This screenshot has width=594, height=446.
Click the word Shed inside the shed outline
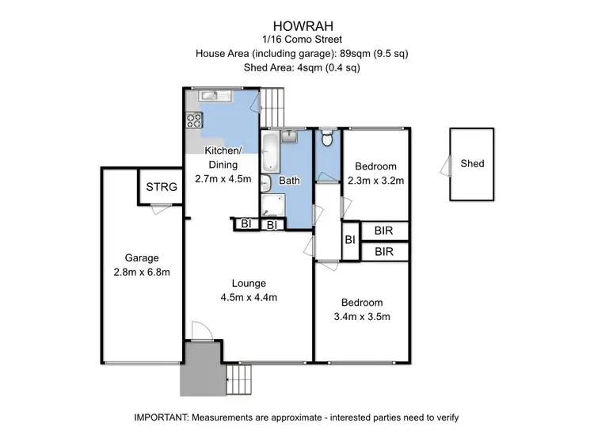[472, 164]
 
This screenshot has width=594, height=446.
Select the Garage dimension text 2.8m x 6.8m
[143, 273]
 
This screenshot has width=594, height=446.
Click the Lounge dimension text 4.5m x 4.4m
[249, 298]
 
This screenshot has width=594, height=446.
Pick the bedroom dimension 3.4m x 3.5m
[362, 317]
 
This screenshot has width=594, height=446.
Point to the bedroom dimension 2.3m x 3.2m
[376, 181]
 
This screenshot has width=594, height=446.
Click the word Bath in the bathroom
[289, 181]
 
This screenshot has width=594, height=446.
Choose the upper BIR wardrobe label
[384, 231]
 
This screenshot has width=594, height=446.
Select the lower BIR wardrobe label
[384, 252]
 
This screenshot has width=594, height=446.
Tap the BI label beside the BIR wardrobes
[349, 241]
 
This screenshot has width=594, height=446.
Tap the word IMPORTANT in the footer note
[162, 417]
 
